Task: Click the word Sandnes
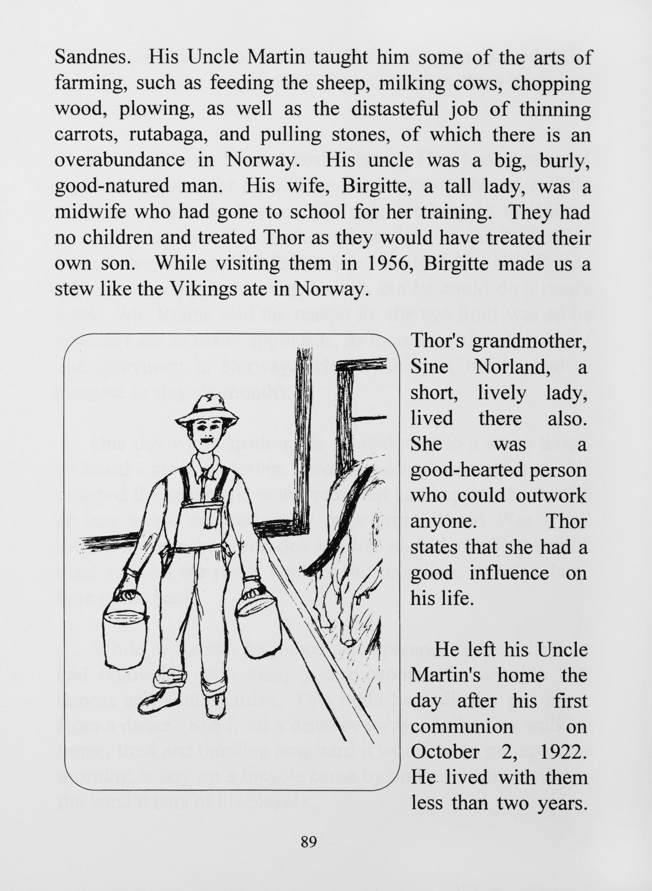[92, 58]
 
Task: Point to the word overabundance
[119, 161]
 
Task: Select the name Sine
[429, 368]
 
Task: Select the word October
[445, 752]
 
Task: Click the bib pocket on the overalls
[211, 518]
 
